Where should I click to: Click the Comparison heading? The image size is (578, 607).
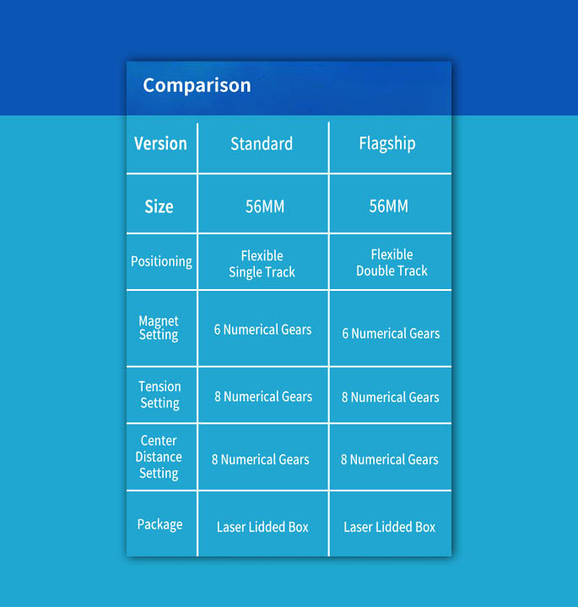[x=197, y=85]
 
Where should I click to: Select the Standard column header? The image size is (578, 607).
[x=262, y=143]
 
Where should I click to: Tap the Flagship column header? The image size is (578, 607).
[x=387, y=143]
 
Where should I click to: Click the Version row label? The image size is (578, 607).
[x=160, y=143]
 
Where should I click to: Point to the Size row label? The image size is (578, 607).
[x=159, y=207]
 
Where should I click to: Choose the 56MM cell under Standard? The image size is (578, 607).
[x=265, y=207]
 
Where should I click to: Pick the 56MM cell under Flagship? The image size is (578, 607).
[x=388, y=206]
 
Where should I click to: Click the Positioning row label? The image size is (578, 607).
[x=161, y=261]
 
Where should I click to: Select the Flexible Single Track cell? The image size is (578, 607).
[x=262, y=264]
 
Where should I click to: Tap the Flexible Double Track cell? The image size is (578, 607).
[x=392, y=262]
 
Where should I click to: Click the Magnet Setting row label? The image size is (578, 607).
[x=159, y=327]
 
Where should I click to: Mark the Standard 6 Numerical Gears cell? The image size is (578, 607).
[x=262, y=330]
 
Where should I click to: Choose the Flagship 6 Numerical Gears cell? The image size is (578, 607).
[x=391, y=333]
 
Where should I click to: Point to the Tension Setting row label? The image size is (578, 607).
[x=159, y=395]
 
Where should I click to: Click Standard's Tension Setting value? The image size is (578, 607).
[x=263, y=396]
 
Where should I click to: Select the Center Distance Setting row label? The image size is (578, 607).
[x=159, y=457]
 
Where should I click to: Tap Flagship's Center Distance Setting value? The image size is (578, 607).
[x=389, y=459]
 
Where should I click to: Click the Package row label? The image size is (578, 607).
[x=159, y=524]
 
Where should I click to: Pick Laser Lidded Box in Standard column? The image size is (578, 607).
[x=262, y=527]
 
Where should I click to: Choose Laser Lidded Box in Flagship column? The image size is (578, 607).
[x=389, y=527]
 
